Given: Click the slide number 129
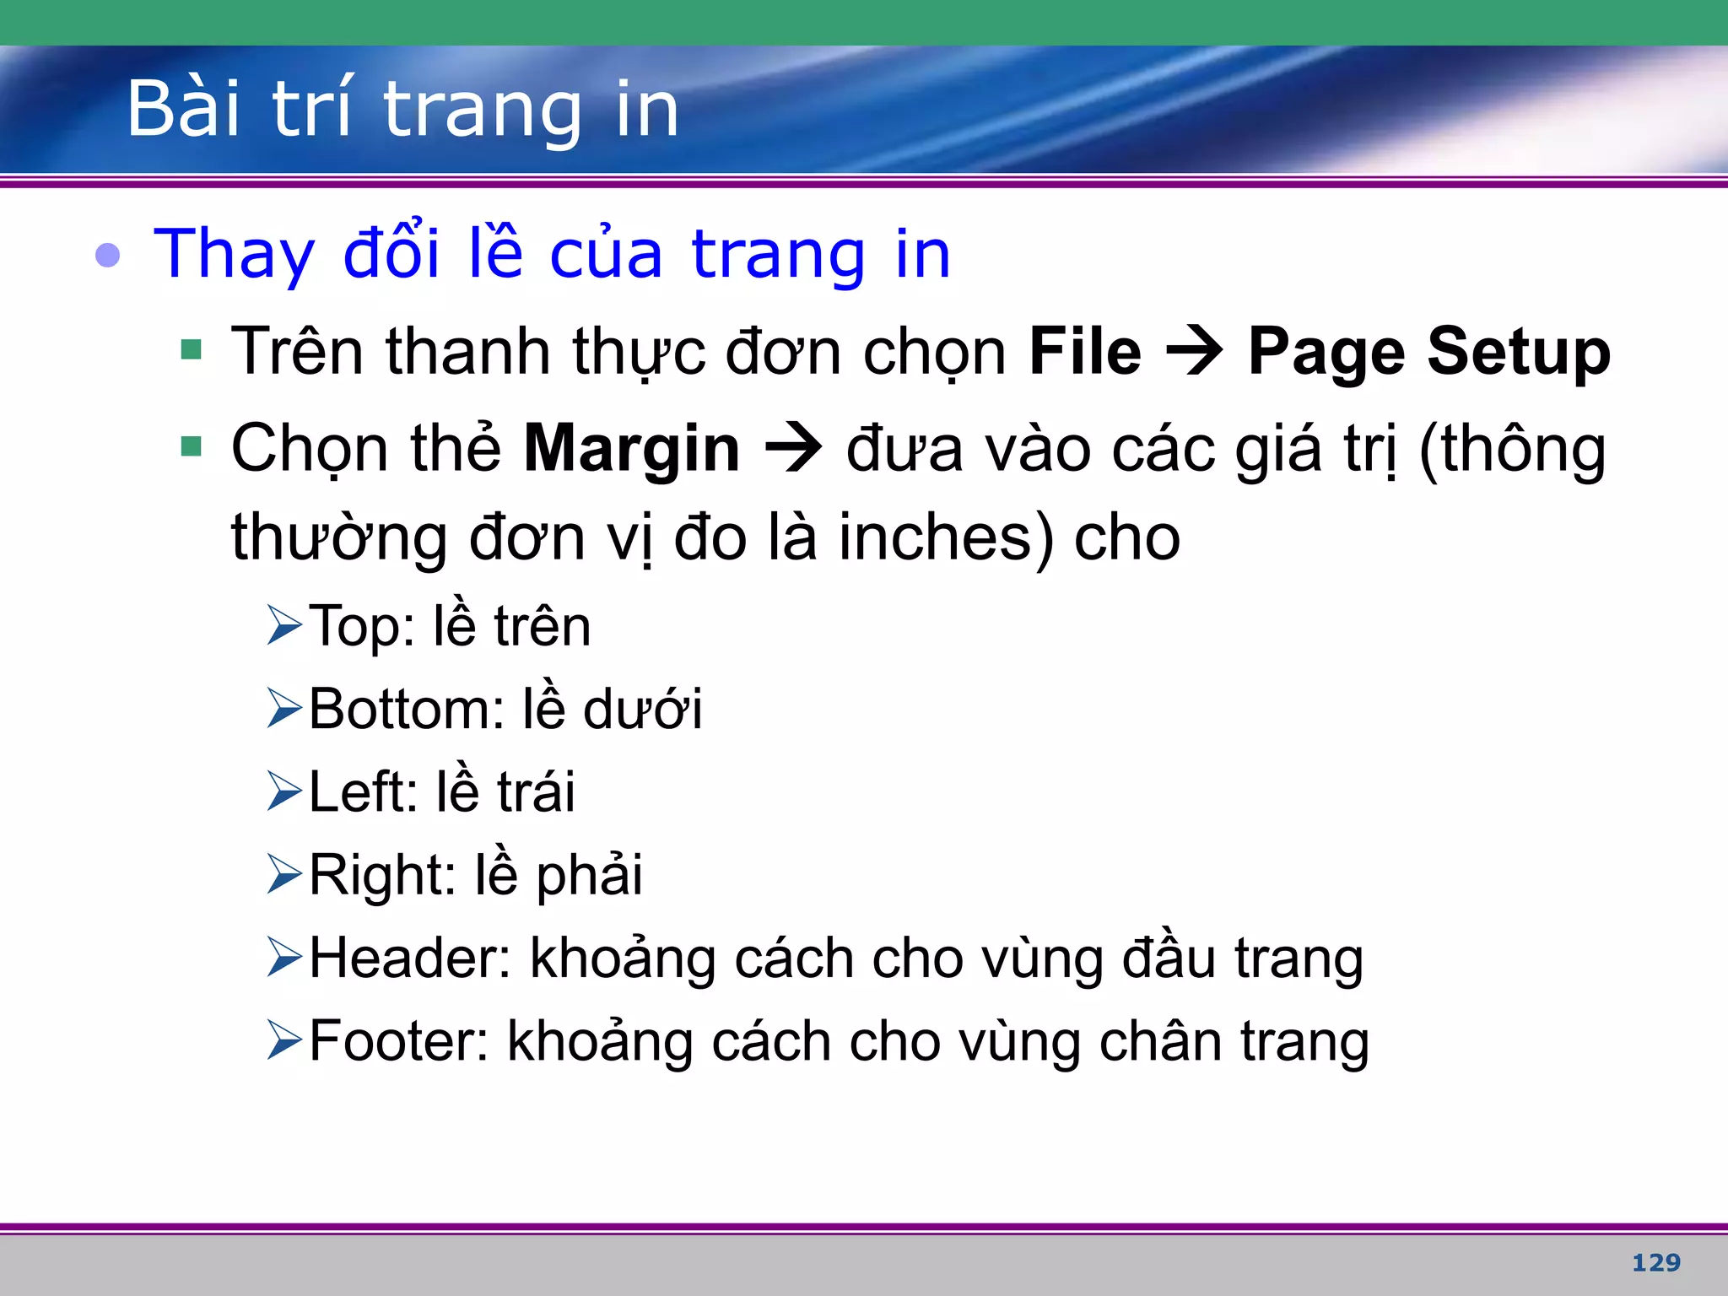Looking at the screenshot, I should pos(1655,1262).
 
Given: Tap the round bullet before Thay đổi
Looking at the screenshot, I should pos(108,254).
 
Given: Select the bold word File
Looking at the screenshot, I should pos(1085,351).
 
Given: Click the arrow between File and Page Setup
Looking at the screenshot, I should pos(1195,353).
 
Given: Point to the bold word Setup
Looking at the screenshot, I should pos(1519,353).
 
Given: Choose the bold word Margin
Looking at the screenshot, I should pos(631,449).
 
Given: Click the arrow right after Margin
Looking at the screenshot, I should pos(793,449).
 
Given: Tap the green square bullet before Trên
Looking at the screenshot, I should pos(192,349).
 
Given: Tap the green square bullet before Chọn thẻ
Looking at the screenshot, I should pos(192,445).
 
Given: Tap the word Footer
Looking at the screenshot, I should pos(398,1041).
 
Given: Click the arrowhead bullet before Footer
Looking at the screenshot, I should pos(284,1039).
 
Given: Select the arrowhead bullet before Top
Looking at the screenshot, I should pos(284,625).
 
